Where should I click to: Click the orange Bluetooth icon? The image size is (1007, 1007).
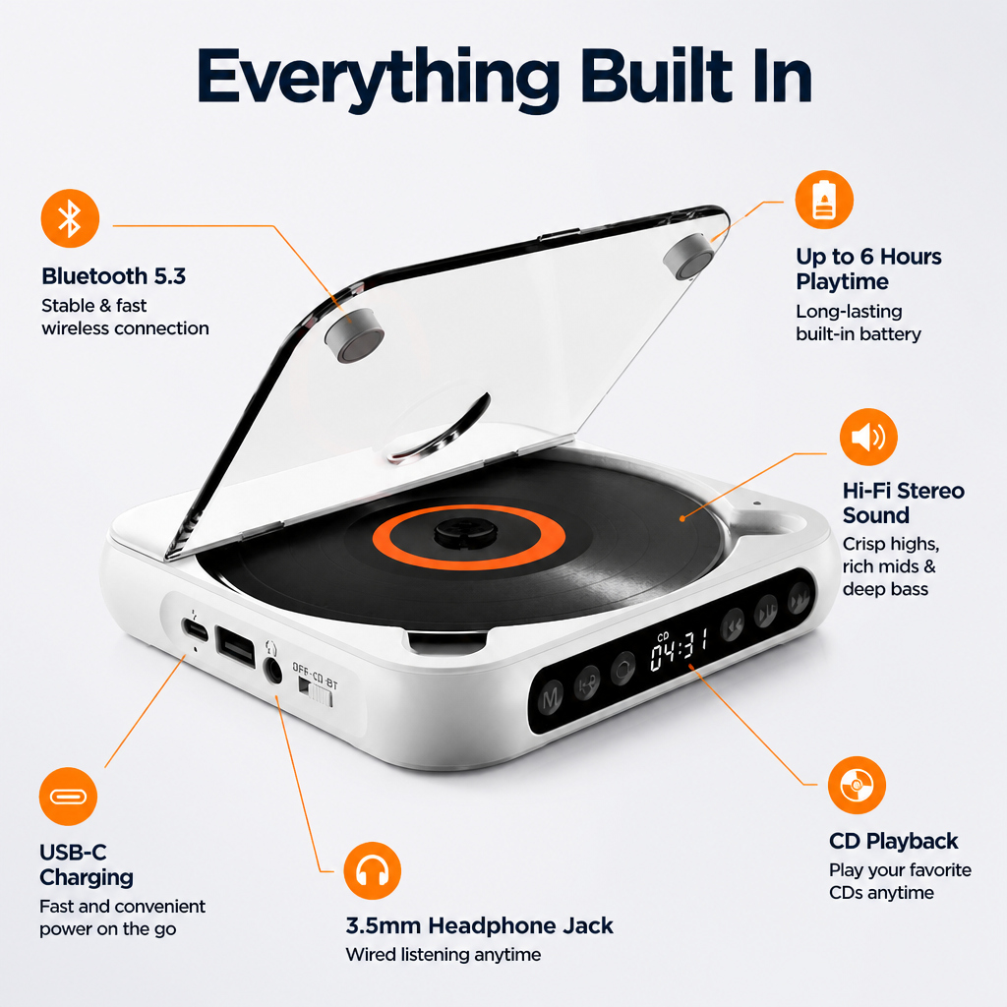pos(70,218)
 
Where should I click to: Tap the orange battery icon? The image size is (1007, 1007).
pos(824,200)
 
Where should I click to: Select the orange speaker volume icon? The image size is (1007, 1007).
pos(868,437)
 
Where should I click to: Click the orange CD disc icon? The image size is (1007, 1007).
pos(857,785)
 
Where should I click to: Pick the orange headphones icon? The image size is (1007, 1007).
pos(373,871)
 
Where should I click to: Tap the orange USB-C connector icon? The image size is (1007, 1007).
pos(68,797)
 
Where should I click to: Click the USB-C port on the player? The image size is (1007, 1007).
pos(195,628)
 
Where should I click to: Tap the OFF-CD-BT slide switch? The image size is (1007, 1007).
pos(316,691)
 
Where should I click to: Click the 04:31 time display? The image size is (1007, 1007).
pos(679,649)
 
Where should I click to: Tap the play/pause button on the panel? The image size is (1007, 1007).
pos(765,612)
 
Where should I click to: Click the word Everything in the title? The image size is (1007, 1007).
pos(378,77)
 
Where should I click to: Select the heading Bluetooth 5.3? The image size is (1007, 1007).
pos(114,276)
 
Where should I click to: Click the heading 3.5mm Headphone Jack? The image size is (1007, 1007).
pos(479,925)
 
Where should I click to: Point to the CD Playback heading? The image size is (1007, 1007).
pos(893,841)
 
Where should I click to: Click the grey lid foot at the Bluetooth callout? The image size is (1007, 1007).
pos(354,335)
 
